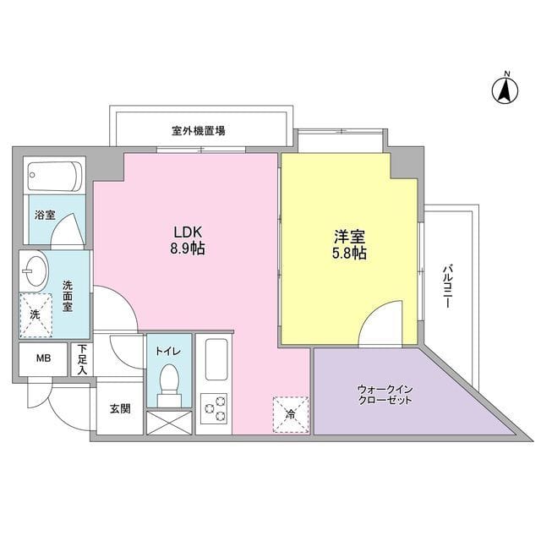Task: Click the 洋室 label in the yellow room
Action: coord(349,236)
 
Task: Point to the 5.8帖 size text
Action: coord(349,252)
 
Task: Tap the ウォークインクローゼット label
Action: coord(384,394)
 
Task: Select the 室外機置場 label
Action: coord(198,131)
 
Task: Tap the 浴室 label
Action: coord(45,215)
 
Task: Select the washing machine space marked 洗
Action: coord(36,313)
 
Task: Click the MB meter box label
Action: coord(42,358)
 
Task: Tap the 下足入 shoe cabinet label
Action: coord(83,358)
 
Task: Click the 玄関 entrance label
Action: coord(119,409)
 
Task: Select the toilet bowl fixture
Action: coord(170,382)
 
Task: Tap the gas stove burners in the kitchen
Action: coord(215,407)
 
